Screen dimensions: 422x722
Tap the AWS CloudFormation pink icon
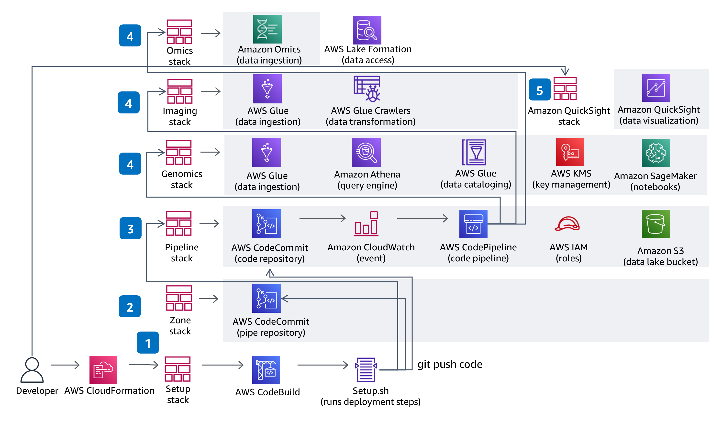[x=103, y=370]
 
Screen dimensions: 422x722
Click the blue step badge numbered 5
[x=540, y=90]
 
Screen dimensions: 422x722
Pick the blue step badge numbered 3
[x=130, y=228]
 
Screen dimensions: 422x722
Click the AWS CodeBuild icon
[x=266, y=370]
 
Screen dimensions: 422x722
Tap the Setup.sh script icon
[x=366, y=370]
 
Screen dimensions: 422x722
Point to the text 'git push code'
[x=450, y=364]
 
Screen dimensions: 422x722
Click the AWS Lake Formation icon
[x=367, y=30]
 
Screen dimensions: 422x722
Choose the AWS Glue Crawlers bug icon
[x=367, y=89]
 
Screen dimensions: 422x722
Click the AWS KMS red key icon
[x=570, y=152]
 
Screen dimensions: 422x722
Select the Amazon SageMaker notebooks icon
[x=655, y=153]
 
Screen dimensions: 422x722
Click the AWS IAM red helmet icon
[x=567, y=224]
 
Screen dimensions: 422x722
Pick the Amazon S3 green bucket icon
[x=655, y=224]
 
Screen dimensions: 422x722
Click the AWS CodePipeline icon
[x=473, y=224]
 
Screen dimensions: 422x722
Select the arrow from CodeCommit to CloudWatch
[x=322, y=218]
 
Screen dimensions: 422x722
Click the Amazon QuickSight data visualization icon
[x=655, y=88]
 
